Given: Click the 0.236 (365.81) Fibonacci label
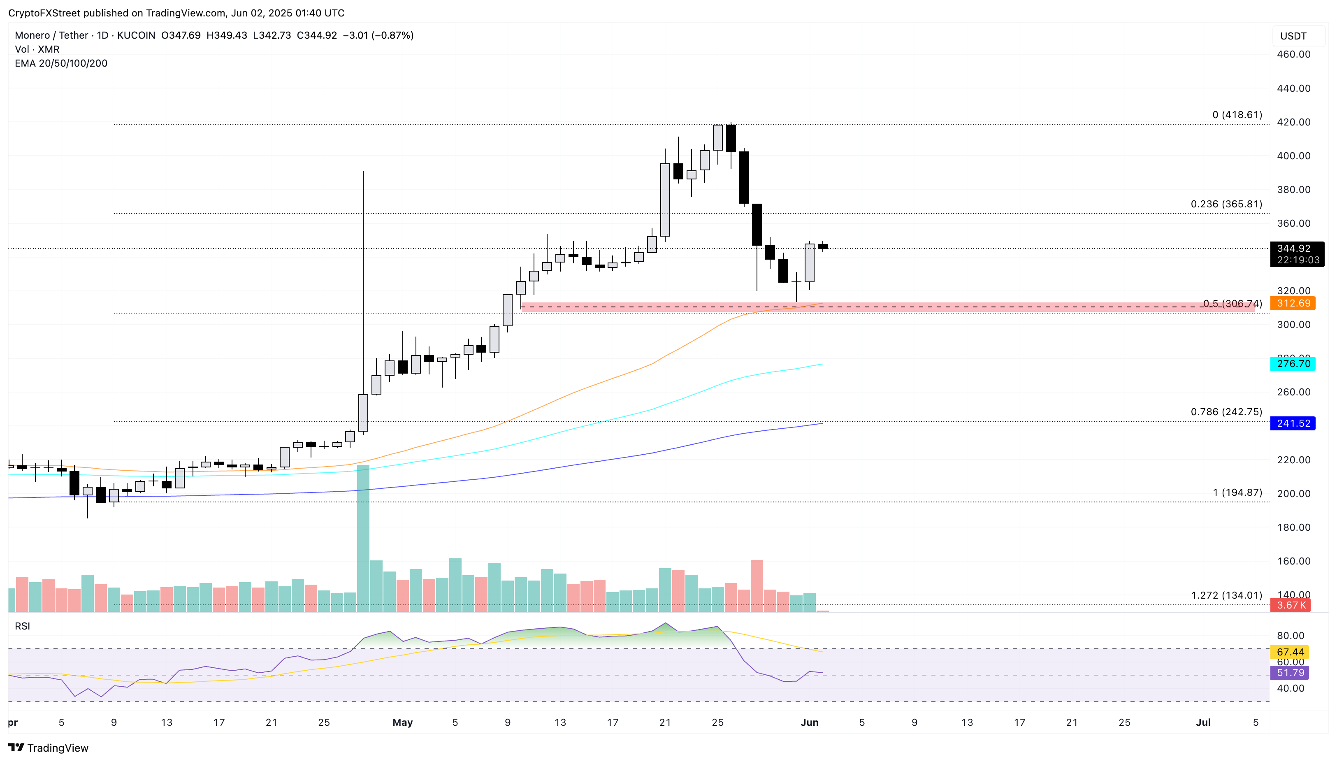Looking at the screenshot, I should (1226, 204).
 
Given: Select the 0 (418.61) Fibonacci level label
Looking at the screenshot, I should (1237, 115).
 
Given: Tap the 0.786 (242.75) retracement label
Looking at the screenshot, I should (1226, 412).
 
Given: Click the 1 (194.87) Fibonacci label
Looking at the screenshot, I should (1237, 493).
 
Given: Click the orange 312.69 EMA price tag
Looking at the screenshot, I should (1293, 304).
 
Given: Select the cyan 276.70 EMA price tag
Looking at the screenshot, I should (1293, 364).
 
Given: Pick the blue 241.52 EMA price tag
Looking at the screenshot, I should (1293, 423).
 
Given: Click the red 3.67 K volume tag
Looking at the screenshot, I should (1291, 606).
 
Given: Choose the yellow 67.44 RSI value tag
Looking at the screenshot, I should (1290, 652).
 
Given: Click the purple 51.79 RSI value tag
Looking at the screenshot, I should (1290, 672).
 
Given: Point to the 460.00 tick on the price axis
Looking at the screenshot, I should (1293, 54).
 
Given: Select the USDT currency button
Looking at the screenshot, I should (1293, 36).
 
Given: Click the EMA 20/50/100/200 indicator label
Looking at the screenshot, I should (61, 63).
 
